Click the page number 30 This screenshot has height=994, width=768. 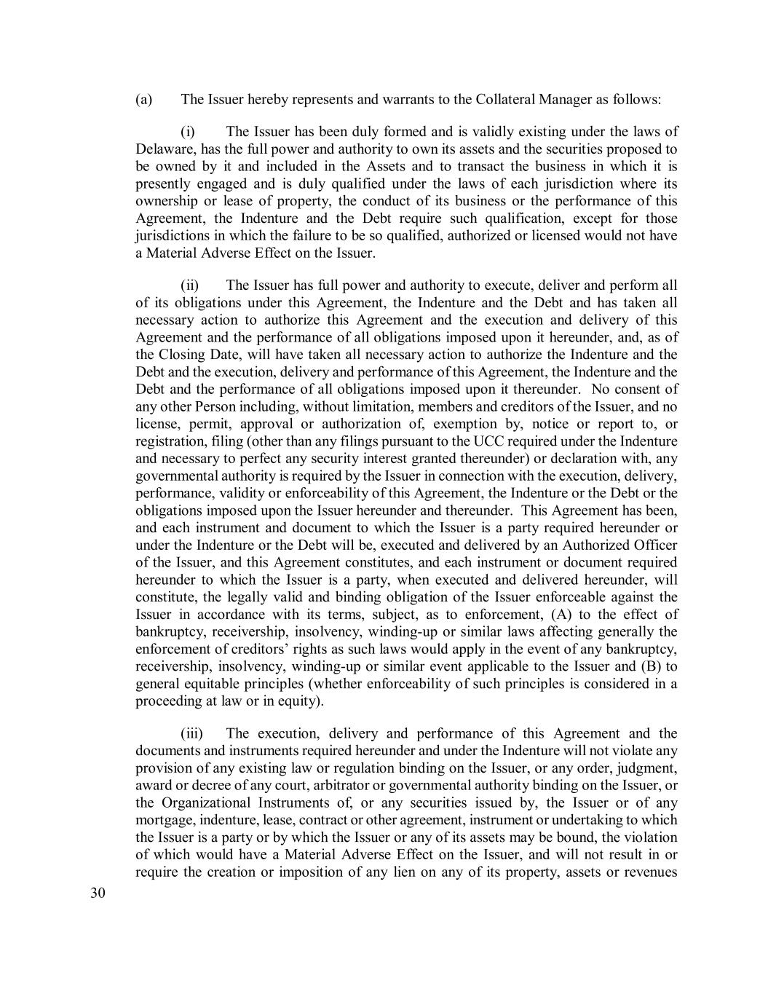[98, 894]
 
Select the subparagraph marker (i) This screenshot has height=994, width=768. [188, 132]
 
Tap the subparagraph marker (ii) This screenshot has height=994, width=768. [190, 285]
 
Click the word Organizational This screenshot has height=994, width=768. [205, 802]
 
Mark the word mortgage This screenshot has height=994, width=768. [164, 820]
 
